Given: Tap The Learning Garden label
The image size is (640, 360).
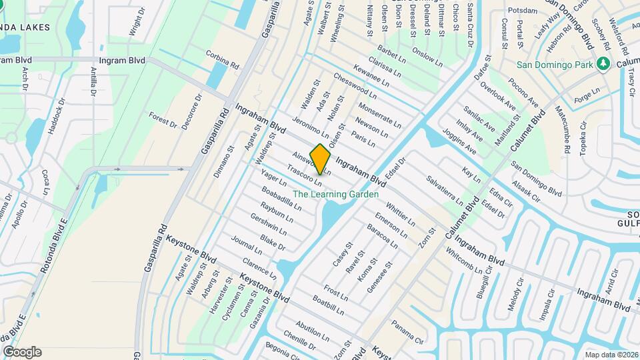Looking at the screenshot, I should pos(336,195).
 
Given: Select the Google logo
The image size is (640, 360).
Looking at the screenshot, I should pos(22,352).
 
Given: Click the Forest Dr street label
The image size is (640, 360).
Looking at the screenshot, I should pos(163,120).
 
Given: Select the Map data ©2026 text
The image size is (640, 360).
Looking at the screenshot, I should pos(611,355).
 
